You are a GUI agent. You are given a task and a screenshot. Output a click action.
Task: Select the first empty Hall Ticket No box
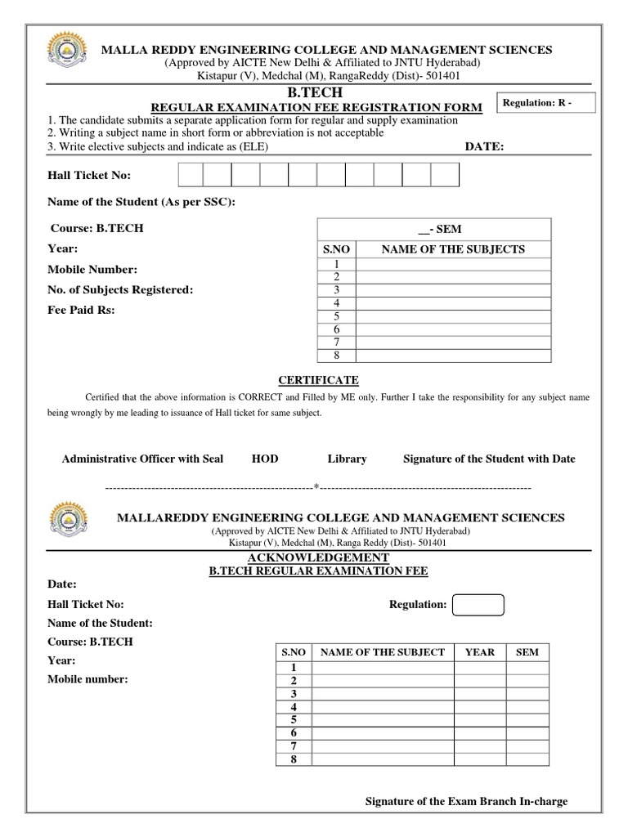point(190,176)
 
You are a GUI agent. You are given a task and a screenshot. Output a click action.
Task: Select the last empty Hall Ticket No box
point(445,176)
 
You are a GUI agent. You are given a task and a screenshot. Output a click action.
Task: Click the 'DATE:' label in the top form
point(485,146)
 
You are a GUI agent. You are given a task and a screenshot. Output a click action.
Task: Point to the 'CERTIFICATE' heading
point(318,380)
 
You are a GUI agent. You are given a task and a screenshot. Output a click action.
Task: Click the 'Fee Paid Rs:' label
point(82,311)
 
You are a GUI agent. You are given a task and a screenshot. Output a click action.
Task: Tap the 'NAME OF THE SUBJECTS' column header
point(453,249)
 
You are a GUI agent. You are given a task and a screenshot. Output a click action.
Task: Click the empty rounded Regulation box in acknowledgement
point(478,605)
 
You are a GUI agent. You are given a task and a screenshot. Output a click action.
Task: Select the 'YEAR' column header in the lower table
point(480,651)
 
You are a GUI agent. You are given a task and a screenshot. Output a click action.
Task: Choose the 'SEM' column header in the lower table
point(527,651)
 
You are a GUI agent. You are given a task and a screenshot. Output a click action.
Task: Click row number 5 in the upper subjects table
point(335,316)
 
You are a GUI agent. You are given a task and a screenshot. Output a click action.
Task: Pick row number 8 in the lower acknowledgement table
point(293,759)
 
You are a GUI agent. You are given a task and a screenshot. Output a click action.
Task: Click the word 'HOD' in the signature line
point(265,459)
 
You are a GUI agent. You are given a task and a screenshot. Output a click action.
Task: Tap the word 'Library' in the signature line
point(347,459)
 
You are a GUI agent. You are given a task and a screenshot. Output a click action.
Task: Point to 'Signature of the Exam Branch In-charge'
point(465,802)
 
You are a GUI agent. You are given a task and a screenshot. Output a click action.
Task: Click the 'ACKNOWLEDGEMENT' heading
point(318,557)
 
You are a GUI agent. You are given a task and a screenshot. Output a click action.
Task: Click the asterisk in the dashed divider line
point(316,487)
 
